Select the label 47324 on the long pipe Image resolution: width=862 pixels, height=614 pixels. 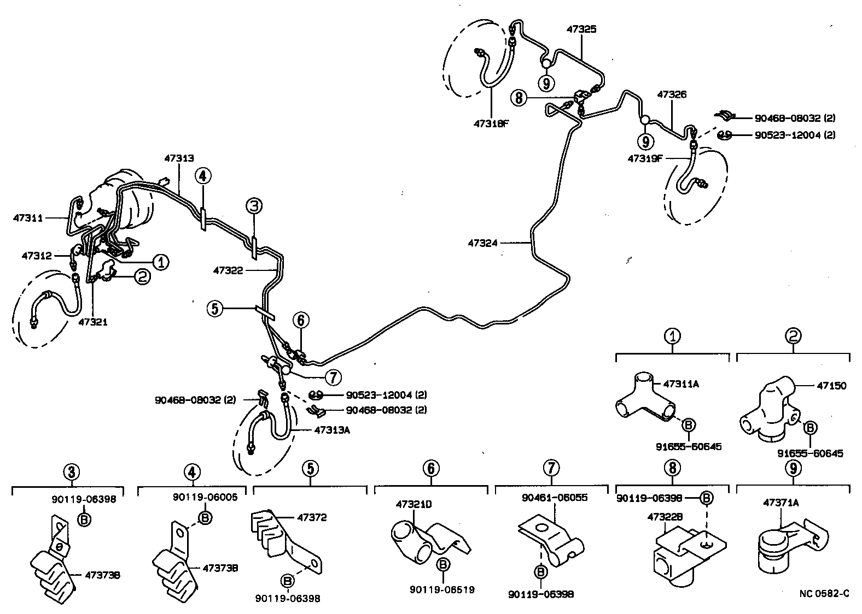click(x=483, y=243)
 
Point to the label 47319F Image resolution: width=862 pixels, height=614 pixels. click(x=645, y=159)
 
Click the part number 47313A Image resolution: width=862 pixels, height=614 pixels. click(x=332, y=430)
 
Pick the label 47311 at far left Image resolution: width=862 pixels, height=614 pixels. click(x=28, y=218)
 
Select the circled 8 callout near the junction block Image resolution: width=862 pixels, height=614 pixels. click(x=519, y=98)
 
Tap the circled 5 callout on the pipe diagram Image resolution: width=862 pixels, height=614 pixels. click(x=215, y=309)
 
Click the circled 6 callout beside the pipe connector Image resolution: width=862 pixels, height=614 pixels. click(x=301, y=320)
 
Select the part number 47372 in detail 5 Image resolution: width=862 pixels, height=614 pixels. click(x=312, y=517)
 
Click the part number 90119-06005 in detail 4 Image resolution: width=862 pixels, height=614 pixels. click(x=197, y=497)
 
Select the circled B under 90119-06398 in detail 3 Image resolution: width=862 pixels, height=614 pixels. click(x=84, y=519)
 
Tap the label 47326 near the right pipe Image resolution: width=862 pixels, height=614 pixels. click(x=672, y=95)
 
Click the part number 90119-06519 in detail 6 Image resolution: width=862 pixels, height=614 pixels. click(x=442, y=589)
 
